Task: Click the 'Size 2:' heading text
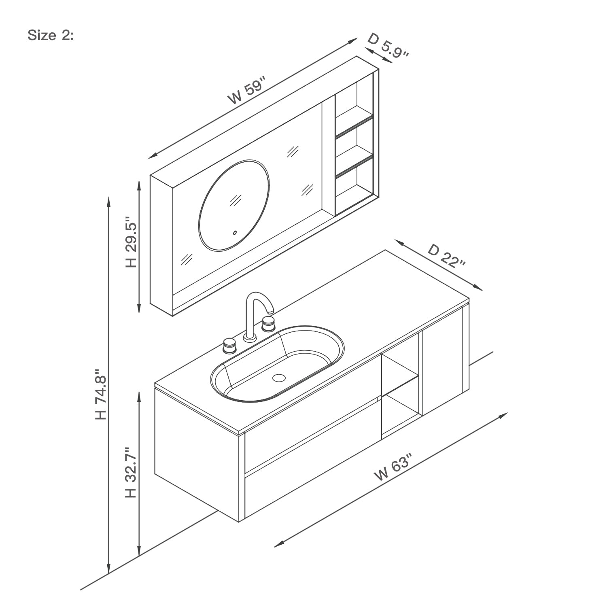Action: click(51, 36)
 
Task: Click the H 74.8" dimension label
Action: click(100, 393)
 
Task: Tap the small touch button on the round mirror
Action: click(234, 233)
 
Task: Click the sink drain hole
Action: click(279, 378)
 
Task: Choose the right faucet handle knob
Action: click(268, 323)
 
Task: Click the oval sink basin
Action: click(277, 364)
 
